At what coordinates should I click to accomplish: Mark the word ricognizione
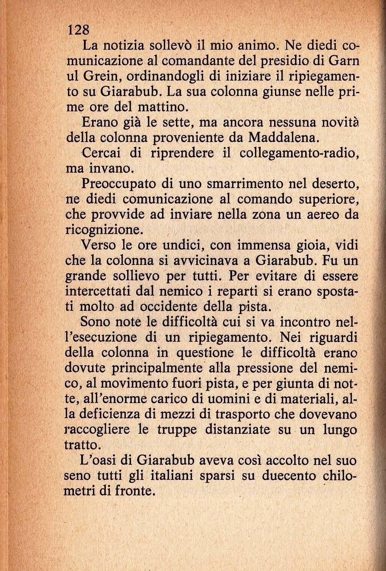point(103,230)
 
